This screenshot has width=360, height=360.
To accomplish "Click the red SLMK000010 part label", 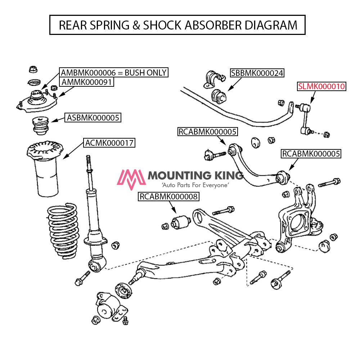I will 321,86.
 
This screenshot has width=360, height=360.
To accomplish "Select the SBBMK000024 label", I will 257,73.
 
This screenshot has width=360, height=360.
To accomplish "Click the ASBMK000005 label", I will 93,117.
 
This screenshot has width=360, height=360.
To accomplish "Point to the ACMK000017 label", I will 109,143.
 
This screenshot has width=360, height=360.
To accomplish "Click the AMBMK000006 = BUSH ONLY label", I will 114,72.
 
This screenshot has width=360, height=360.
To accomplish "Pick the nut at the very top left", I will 32,68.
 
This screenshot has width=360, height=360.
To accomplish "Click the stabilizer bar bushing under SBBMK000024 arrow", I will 218,95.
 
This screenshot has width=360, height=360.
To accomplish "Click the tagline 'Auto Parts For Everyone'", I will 195,185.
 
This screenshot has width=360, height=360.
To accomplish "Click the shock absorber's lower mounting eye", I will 95,265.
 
